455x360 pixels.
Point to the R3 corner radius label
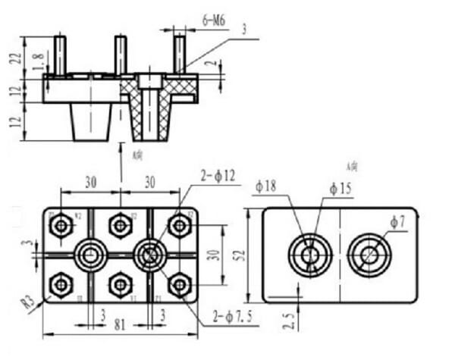(x=28, y=303)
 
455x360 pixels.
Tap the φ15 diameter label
(x=340, y=187)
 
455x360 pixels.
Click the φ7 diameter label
(x=398, y=221)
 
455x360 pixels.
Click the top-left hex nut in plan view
(x=61, y=225)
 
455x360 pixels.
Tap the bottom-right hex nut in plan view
(x=178, y=285)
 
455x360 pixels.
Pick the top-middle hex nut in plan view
(x=120, y=225)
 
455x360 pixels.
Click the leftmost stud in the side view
(x=59, y=54)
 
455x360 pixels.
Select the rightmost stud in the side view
(x=179, y=53)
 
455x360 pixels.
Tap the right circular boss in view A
(x=370, y=255)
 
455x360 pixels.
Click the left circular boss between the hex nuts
(x=90, y=255)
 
